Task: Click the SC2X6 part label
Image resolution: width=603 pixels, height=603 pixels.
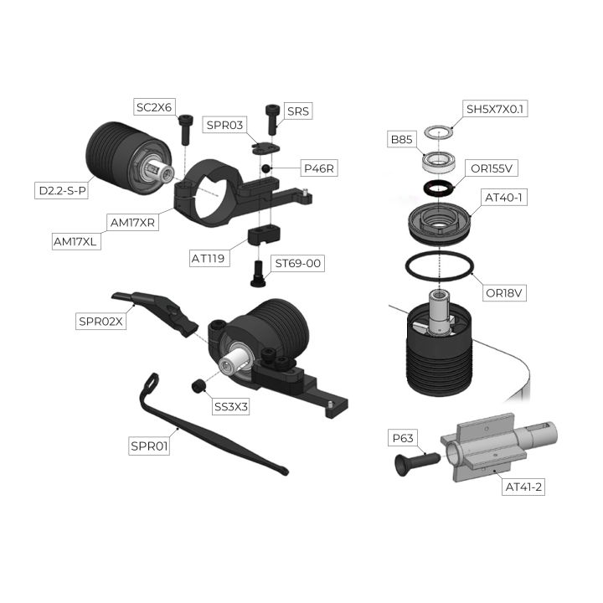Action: pos(154,107)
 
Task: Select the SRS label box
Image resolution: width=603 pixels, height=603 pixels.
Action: pos(298,111)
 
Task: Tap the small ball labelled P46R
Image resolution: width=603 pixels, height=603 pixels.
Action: pos(265,168)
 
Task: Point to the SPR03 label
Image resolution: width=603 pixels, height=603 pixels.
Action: pos(225,125)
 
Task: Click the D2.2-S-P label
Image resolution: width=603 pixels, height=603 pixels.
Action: pos(62,190)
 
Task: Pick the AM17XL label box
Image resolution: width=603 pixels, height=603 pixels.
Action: pos(75,241)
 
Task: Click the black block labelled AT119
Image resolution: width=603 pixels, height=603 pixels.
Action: pos(264,235)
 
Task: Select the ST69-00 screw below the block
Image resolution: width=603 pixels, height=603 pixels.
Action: pos(258,273)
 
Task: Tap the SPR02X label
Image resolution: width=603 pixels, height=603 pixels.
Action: pos(100,321)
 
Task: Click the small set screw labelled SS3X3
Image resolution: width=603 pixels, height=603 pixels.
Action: pos(198,386)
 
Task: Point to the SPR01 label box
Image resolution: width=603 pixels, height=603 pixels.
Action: pos(149,446)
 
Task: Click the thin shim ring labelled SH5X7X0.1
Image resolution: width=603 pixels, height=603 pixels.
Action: pos(438,132)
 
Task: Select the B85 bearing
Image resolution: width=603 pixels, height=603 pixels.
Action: pos(440,162)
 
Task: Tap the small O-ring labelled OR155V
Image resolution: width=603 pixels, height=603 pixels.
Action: pos(439,188)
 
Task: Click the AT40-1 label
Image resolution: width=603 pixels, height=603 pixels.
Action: pos(503,198)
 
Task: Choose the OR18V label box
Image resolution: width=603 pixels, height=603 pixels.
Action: pos(504,293)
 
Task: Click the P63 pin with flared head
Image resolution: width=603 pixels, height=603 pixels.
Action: pos(416,463)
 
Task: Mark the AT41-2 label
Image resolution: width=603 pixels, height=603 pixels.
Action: pos(523,487)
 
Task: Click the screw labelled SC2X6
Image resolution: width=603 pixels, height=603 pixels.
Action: pos(185,129)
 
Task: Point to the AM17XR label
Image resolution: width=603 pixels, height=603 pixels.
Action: pos(132,223)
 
